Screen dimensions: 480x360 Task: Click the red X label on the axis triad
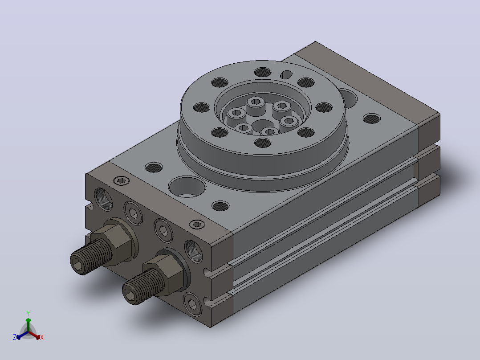[42, 337]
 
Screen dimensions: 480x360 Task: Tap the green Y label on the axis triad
[28, 313]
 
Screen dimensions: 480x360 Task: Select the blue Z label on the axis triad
[14, 337]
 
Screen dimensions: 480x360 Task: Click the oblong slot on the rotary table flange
[286, 74]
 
